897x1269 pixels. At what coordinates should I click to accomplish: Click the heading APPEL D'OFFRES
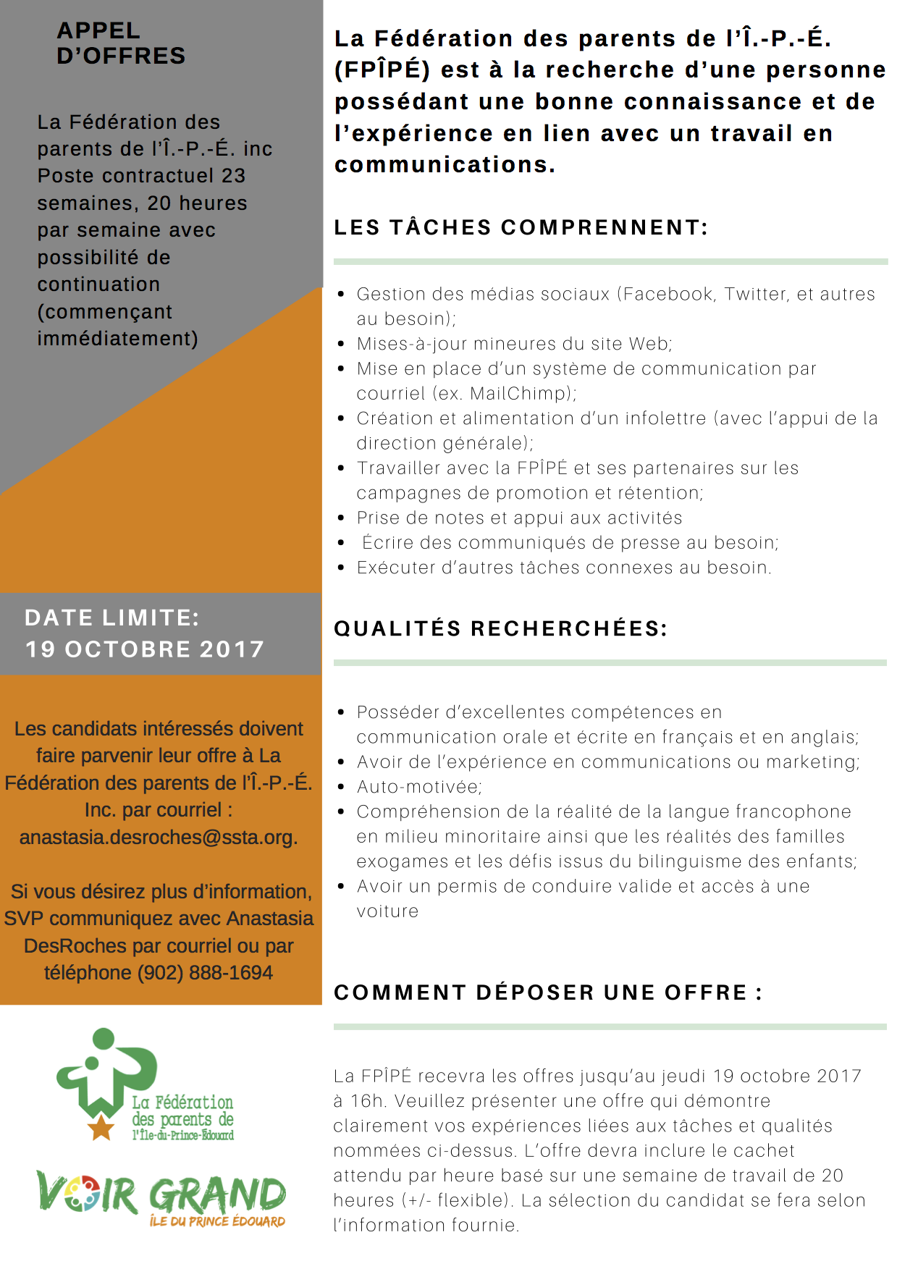pyautogui.click(x=121, y=43)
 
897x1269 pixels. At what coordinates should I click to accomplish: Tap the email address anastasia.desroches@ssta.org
pyautogui.click(x=159, y=838)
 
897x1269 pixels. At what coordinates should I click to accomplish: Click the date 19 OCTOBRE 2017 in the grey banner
pyautogui.click(x=145, y=649)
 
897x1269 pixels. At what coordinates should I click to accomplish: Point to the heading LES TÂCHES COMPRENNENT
pyautogui.click(x=521, y=227)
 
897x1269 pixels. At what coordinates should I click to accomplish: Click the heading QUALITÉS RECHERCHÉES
pyautogui.click(x=500, y=628)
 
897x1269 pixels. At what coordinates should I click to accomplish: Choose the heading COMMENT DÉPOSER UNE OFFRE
pyautogui.click(x=548, y=992)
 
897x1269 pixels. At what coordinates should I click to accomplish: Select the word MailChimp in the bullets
pyautogui.click(x=518, y=394)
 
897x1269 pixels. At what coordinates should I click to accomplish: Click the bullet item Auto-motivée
pyautogui.click(x=419, y=787)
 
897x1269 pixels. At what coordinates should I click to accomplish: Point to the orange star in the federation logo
pyautogui.click(x=101, y=1127)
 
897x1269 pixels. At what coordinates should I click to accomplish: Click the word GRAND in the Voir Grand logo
pyautogui.click(x=217, y=1195)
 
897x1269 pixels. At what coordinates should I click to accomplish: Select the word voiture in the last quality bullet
pyautogui.click(x=387, y=911)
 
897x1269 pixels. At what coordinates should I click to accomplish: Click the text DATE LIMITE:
pyautogui.click(x=111, y=617)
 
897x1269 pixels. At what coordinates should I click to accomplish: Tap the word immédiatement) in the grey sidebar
pyautogui.click(x=117, y=339)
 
